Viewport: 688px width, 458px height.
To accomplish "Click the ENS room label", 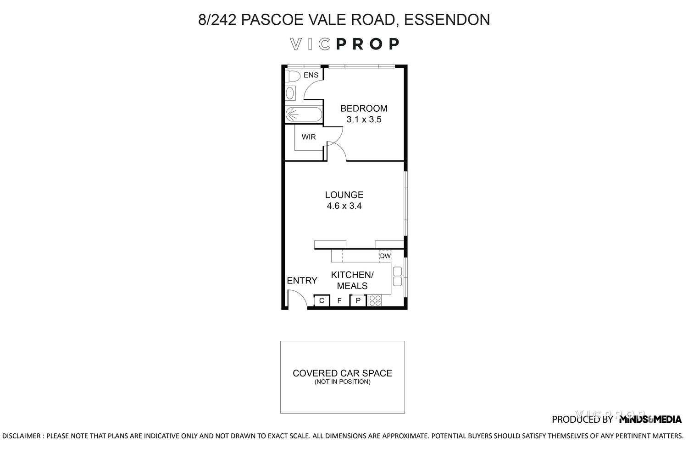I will [311, 75].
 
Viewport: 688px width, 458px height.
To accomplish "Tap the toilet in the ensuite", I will [292, 76].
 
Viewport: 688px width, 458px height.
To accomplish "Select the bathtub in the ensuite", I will [303, 114].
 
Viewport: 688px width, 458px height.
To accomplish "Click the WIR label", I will [309, 137].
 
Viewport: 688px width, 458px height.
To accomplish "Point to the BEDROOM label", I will [364, 109].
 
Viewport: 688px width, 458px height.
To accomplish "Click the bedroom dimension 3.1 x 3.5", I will [364, 120].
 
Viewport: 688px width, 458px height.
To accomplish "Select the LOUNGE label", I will [344, 195].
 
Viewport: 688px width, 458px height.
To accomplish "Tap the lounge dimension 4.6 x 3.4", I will [344, 206].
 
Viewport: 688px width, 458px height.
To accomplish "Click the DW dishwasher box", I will [385, 256].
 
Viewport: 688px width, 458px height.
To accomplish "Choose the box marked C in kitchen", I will [322, 300].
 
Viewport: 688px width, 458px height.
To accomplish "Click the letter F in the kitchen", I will [339, 301].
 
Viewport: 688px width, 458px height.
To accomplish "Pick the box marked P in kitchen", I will [358, 300].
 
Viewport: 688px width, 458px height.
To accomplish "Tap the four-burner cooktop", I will [375, 300].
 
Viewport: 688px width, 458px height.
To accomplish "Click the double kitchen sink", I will [397, 276].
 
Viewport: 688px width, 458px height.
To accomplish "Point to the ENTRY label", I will [302, 281].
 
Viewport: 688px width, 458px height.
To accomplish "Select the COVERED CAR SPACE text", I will [342, 373].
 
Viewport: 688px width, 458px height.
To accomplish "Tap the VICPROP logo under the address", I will [344, 44].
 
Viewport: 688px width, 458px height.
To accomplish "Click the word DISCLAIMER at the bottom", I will [22, 436].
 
